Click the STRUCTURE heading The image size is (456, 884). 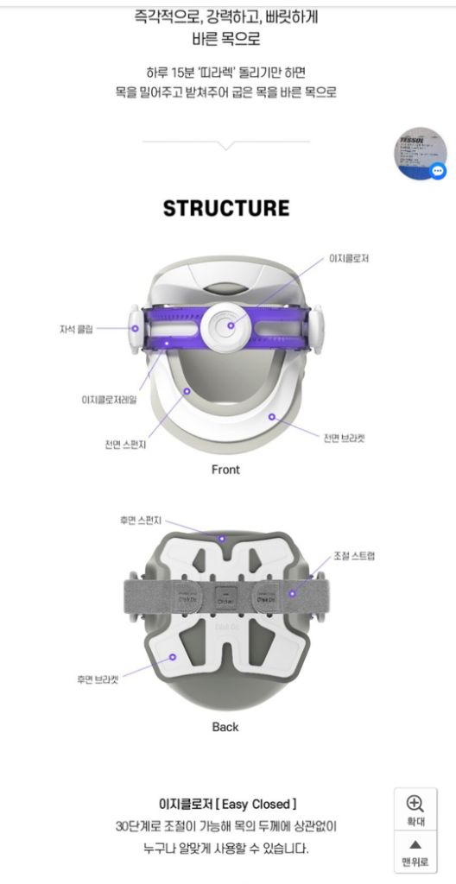(x=226, y=208)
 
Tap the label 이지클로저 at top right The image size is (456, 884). (x=349, y=258)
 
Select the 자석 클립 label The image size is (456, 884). (x=76, y=329)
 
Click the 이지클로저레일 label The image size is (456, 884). (x=109, y=400)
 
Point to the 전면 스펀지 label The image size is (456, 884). (x=125, y=445)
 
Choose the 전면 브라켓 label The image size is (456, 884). (x=344, y=438)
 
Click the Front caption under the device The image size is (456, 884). (x=225, y=470)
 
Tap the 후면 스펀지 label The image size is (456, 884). (x=141, y=521)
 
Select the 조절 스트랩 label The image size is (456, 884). (x=354, y=556)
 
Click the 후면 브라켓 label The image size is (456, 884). (x=98, y=679)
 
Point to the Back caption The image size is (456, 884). (x=225, y=727)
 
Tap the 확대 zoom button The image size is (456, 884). (x=415, y=811)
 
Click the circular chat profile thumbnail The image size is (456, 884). (x=421, y=153)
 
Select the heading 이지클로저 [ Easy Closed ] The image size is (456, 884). (x=227, y=804)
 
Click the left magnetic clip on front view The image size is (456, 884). (x=136, y=327)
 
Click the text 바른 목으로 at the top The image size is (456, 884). (x=226, y=40)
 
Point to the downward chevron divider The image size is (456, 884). (x=226, y=144)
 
